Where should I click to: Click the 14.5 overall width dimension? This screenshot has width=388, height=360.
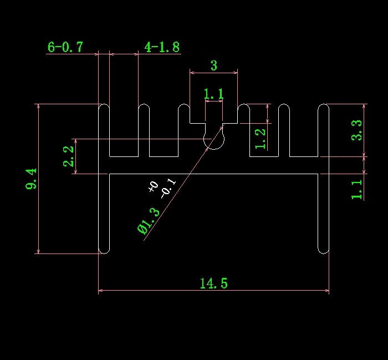tap(213, 283)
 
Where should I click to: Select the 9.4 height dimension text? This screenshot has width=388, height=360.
tap(32, 179)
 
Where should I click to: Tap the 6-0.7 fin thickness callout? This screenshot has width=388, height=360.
tap(65, 47)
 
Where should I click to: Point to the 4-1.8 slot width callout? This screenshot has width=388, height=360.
tap(162, 47)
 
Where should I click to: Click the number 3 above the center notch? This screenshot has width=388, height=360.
tap(214, 65)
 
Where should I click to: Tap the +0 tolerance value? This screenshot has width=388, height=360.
tap(153, 187)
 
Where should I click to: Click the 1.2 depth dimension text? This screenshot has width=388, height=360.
tap(260, 139)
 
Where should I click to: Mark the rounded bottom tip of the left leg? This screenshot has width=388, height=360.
tap(104, 250)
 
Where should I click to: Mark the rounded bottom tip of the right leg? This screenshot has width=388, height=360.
tap(323, 250)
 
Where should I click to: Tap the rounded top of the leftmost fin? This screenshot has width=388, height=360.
tap(104, 107)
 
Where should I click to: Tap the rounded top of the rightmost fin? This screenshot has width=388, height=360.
tap(323, 107)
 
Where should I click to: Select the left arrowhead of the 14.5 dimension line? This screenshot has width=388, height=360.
tap(100, 290)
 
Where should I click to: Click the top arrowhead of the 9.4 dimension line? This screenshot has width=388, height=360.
tap(38, 106)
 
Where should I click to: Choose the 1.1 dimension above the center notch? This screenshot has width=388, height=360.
tap(214, 94)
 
